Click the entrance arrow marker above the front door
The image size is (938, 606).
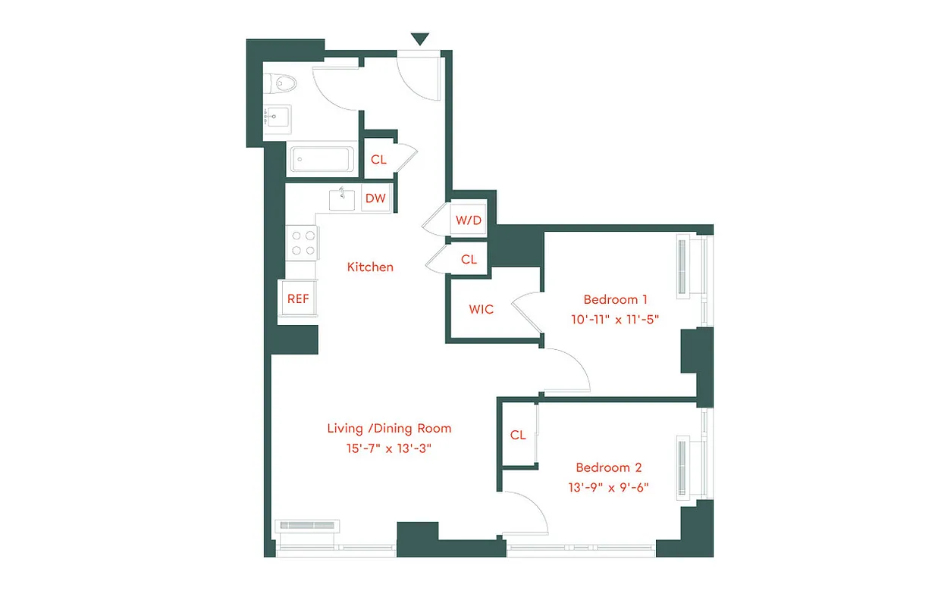click(419, 39)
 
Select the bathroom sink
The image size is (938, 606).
click(274, 117)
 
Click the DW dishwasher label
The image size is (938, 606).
click(375, 199)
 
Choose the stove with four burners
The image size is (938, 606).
click(302, 242)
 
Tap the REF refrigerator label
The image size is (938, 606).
click(298, 298)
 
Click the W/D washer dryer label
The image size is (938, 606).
click(468, 220)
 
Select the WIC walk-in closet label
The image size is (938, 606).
click(481, 309)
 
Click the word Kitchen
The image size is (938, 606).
click(370, 267)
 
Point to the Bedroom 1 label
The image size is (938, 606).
click(615, 299)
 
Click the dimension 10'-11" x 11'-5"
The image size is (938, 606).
click(612, 319)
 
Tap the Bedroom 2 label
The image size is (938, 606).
click(609, 467)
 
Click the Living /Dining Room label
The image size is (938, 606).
click(389, 428)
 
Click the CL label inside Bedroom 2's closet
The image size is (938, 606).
click(518, 435)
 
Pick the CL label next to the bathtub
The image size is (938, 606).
click(378, 160)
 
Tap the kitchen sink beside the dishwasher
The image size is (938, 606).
click(343, 199)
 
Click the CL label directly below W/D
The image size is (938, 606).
click(469, 259)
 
